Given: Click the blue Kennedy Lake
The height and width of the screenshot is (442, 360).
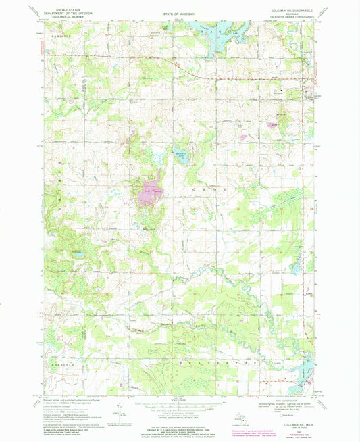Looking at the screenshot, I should click(180, 153).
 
